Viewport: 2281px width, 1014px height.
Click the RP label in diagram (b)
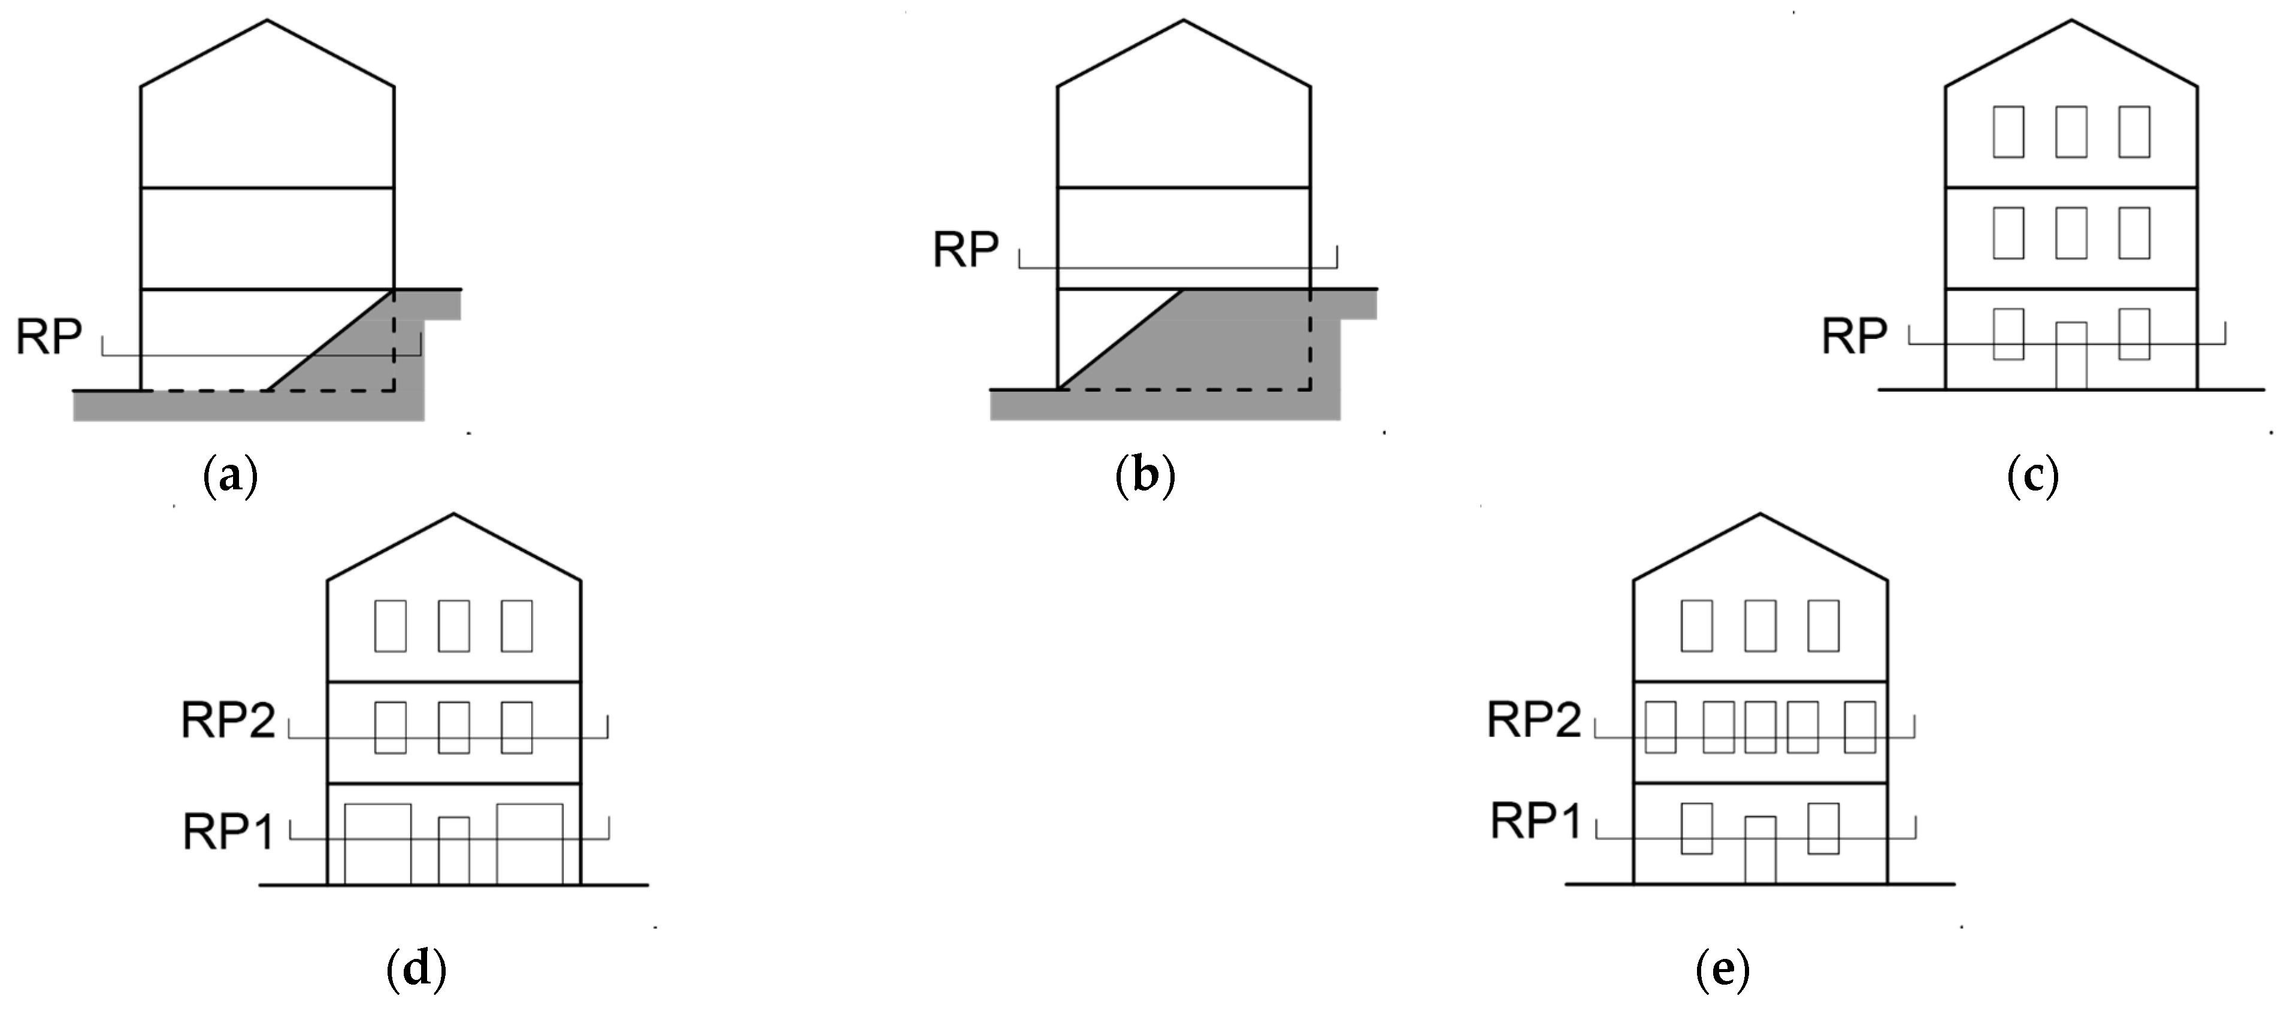[x=965, y=250]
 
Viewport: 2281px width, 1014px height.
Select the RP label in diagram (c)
[x=1854, y=337]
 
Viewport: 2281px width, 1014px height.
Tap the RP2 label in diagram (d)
[x=228, y=721]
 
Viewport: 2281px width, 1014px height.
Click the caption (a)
[x=230, y=476]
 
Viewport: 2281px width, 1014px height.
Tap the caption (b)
[x=1145, y=476]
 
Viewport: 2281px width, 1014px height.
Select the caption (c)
[x=2032, y=476]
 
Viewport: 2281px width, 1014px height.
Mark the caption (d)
[x=416, y=971]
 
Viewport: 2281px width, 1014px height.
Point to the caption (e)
[x=1722, y=971]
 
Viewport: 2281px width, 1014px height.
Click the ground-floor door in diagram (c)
[x=2071, y=356]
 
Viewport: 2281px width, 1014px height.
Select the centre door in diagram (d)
[x=454, y=850]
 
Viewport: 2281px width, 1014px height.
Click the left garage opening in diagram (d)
[x=377, y=843]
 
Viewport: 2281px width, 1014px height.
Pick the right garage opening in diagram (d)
[x=530, y=843]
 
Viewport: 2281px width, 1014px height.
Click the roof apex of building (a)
[x=267, y=21]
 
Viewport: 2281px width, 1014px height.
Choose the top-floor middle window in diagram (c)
[x=2071, y=132]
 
